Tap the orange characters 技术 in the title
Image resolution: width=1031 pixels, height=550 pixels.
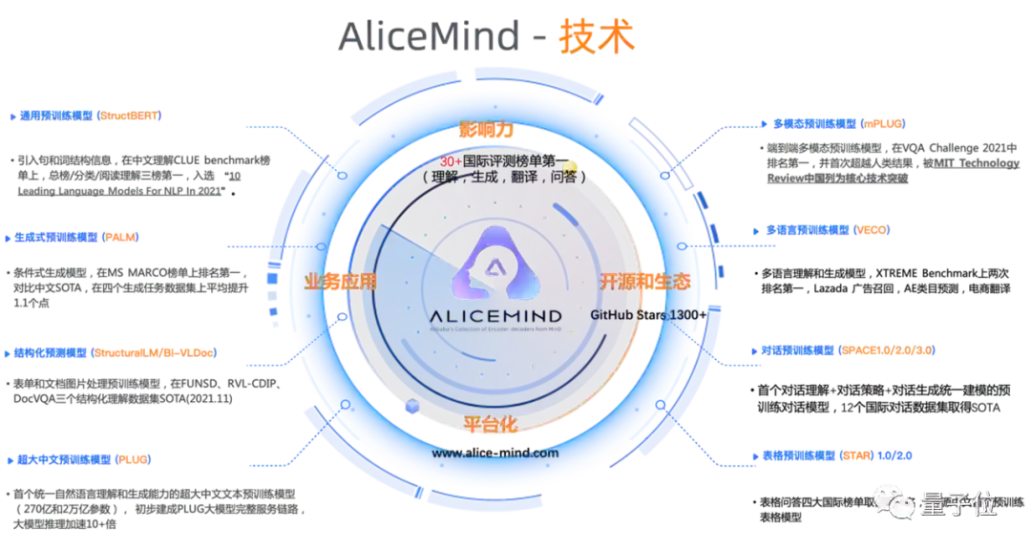click(599, 37)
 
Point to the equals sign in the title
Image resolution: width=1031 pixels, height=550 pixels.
click(539, 38)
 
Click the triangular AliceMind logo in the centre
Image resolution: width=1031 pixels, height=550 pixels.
click(494, 261)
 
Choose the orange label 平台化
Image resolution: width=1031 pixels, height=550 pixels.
click(490, 423)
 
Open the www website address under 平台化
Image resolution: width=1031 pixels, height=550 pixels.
click(495, 454)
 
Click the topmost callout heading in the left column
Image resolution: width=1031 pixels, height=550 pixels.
click(86, 116)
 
